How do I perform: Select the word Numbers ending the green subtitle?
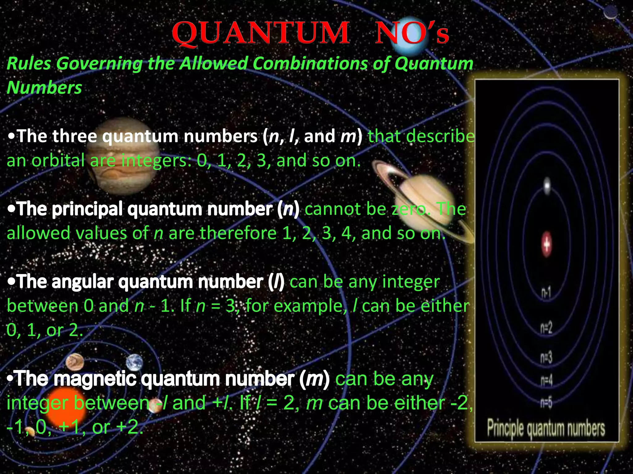point(44,88)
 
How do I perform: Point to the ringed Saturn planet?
point(423,201)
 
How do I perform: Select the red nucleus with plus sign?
point(547,244)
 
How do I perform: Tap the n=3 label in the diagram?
point(546,358)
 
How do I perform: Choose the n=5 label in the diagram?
point(546,402)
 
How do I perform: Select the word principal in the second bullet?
point(88,209)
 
